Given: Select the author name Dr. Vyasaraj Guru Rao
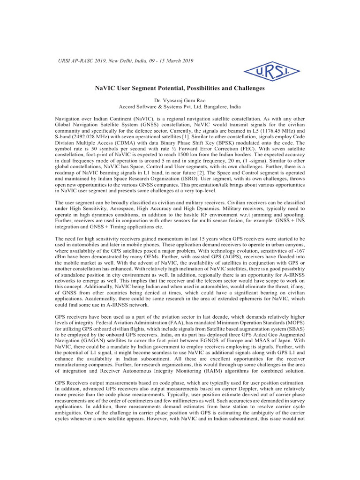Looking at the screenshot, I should (180, 101).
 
